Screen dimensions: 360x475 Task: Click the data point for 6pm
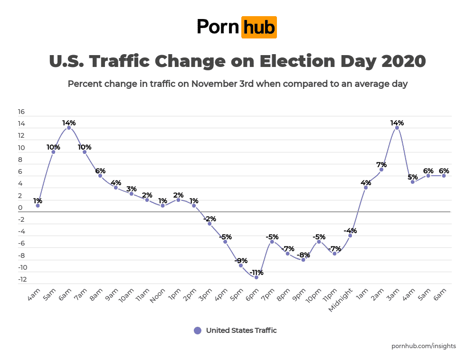pos(256,277)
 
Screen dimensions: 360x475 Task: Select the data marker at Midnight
pos(350,236)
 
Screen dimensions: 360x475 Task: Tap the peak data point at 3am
pos(397,128)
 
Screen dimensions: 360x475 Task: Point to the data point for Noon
pos(163,206)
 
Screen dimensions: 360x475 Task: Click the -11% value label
pos(256,273)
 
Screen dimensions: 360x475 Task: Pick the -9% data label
pos(241,260)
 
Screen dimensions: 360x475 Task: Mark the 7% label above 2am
pos(381,165)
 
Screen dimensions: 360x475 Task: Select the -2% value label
pos(209,219)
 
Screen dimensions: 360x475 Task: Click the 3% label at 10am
pos(132,189)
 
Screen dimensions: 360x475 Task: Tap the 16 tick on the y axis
pos(21,112)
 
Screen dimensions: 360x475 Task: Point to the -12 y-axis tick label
pos(22,279)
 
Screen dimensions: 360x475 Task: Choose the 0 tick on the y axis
pos(20,208)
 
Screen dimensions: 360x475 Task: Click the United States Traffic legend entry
pos(236,331)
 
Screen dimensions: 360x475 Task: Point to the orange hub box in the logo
pos(259,27)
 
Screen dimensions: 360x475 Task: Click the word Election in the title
pos(291,62)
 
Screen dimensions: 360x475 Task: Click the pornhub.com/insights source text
pos(424,346)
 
